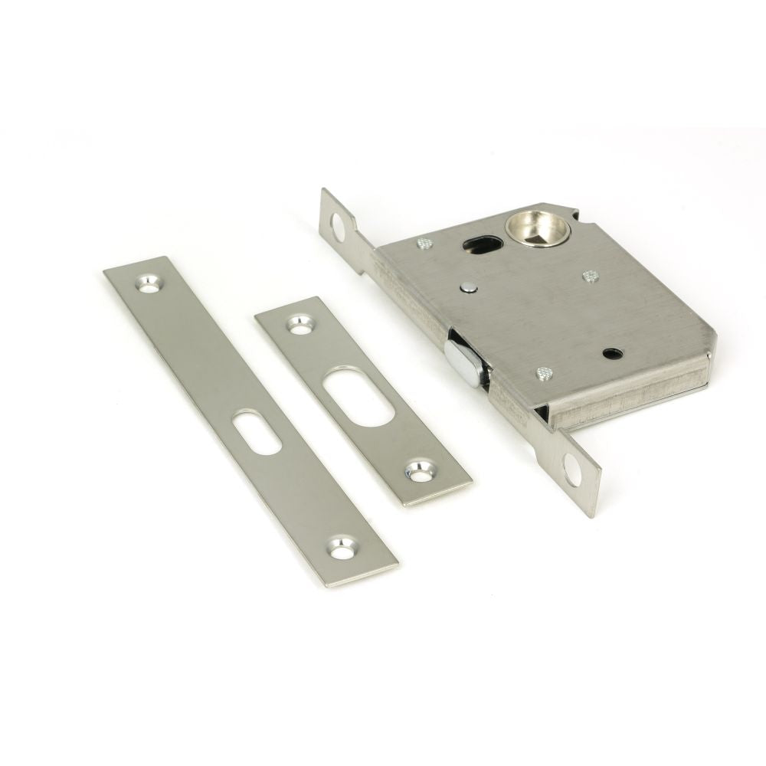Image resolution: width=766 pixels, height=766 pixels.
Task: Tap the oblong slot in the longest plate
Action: (x=257, y=432)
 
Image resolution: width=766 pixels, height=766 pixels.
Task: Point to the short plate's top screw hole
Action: (x=300, y=324)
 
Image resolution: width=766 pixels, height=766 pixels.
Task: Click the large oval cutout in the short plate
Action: (x=358, y=397)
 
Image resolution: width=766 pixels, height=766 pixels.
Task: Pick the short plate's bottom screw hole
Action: (x=419, y=472)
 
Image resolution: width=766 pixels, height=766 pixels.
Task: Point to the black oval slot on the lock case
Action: (x=483, y=245)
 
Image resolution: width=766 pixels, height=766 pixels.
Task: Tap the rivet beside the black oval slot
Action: (x=425, y=244)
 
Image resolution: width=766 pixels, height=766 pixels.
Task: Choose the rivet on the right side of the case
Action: (x=590, y=276)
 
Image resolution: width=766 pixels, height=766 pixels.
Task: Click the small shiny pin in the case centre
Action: (x=467, y=287)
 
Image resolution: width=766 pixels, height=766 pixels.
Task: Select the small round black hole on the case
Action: (x=611, y=353)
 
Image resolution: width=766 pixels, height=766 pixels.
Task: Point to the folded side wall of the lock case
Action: (x=628, y=398)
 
